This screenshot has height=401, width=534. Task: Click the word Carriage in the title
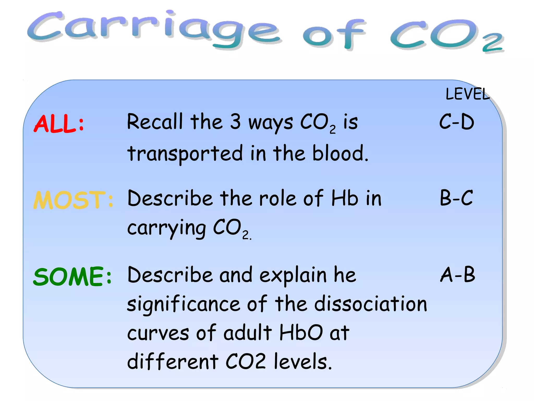pyautogui.click(x=154, y=29)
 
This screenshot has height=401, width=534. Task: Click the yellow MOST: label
pyautogui.click(x=73, y=200)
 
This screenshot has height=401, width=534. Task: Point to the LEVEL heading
pyautogui.click(x=468, y=94)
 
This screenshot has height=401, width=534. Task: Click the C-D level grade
pyautogui.click(x=457, y=122)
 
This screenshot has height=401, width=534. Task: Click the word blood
pyautogui.click(x=340, y=153)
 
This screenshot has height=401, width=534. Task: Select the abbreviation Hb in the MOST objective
pyautogui.click(x=345, y=198)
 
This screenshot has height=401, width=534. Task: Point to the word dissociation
pyautogui.click(x=371, y=304)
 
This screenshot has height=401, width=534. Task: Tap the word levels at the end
pyautogui.click(x=302, y=362)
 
